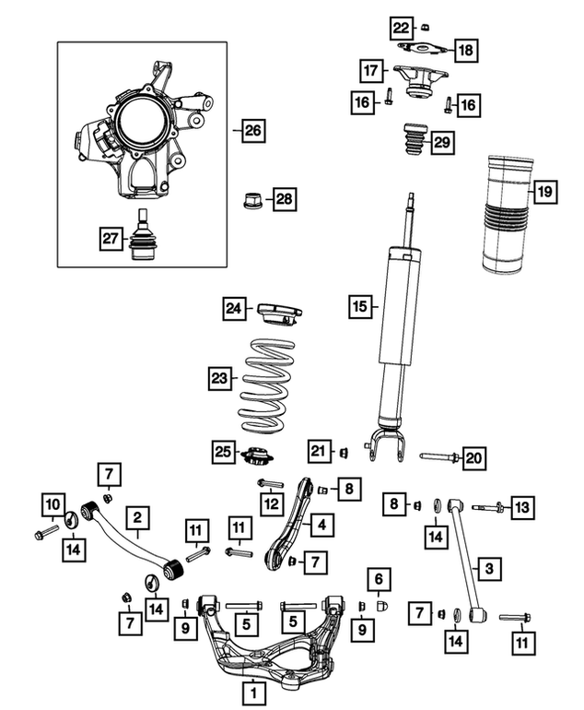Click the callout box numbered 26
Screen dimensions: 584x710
(253, 130)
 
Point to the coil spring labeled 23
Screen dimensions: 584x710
(267, 385)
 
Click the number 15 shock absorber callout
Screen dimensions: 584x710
(359, 306)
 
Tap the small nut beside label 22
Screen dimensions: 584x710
(425, 28)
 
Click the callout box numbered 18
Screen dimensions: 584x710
(465, 50)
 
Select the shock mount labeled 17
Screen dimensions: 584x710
(420, 80)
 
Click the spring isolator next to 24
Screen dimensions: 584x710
(279, 314)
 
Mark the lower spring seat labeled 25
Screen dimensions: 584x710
(257, 456)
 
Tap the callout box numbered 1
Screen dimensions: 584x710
(253, 692)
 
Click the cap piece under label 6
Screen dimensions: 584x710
(382, 606)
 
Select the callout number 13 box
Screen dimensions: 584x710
(522, 507)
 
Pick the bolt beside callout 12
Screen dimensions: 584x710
(270, 483)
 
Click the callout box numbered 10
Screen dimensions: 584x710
(53, 504)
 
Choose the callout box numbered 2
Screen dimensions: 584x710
(137, 517)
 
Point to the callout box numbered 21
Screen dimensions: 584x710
(319, 451)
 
